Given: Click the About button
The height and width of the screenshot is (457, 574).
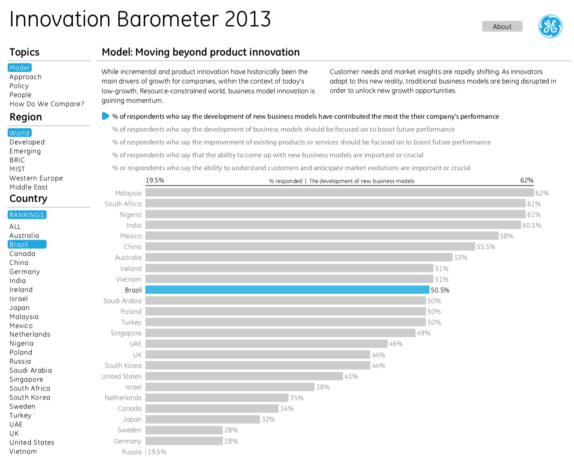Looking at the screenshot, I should [x=502, y=27].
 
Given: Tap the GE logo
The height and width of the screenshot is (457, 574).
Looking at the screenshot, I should [x=550, y=26].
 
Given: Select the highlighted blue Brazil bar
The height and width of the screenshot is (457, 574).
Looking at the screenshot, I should [x=287, y=290].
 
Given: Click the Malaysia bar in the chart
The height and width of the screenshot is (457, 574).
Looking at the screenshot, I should [x=339, y=193].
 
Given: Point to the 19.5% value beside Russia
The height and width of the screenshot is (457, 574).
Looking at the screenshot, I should [x=157, y=452].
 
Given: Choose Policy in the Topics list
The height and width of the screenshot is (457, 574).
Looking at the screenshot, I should [x=19, y=86].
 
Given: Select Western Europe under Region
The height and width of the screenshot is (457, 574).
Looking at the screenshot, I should [x=36, y=178].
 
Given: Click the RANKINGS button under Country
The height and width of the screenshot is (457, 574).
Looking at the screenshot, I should [x=27, y=215].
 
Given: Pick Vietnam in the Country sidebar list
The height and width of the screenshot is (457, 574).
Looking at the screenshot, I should [x=23, y=451].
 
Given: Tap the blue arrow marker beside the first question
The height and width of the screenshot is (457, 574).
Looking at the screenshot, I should [x=106, y=116].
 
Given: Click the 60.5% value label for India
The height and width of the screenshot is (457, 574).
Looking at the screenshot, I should [x=532, y=225].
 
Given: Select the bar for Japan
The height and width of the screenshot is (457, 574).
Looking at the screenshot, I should [x=202, y=419].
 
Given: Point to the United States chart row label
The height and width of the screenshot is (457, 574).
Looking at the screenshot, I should [x=121, y=376].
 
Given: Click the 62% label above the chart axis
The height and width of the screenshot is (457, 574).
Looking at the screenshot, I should [x=527, y=180].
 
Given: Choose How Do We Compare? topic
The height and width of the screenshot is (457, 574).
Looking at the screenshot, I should [x=47, y=104].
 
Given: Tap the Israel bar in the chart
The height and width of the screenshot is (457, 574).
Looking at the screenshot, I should [x=230, y=387].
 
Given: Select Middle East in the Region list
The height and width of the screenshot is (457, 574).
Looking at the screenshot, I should [x=29, y=187].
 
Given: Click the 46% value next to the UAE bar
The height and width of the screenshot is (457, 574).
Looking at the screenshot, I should [x=396, y=344].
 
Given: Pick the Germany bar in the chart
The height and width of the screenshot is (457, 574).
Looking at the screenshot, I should [x=184, y=441].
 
